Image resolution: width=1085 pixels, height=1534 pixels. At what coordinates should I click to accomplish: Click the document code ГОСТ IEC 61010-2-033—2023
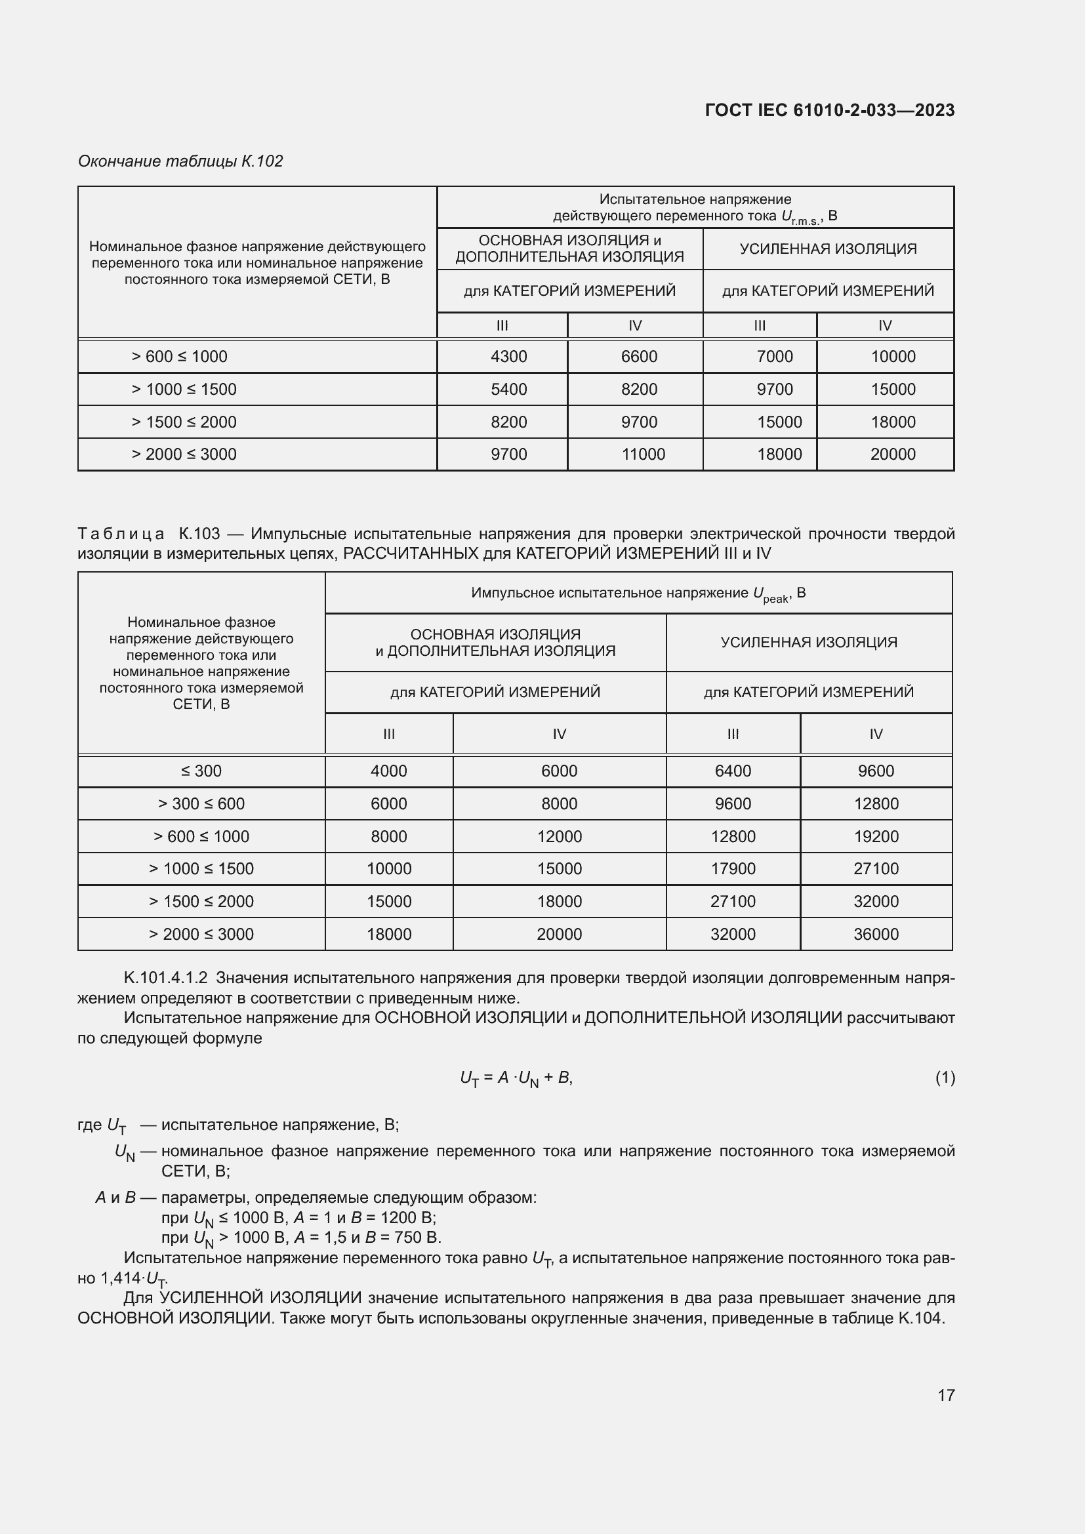[829, 110]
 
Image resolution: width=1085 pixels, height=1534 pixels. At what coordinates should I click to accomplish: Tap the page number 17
[945, 1394]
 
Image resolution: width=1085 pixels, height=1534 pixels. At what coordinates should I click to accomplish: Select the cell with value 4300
[508, 357]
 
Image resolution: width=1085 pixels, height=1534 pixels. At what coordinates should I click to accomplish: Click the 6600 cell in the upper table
[639, 357]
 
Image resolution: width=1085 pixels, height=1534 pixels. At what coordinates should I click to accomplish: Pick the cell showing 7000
[774, 357]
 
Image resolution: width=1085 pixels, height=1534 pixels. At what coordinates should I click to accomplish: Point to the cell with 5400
[508, 390]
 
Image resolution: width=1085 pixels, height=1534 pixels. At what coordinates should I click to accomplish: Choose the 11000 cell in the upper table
[643, 454]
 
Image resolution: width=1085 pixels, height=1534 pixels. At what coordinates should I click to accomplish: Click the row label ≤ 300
[201, 771]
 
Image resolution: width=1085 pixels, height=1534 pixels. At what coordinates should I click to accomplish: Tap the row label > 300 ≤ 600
[201, 804]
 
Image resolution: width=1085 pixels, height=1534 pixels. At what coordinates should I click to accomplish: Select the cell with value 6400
[733, 771]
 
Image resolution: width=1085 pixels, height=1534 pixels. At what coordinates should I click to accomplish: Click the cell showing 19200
[876, 836]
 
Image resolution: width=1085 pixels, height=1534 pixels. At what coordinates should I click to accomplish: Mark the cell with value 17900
[733, 868]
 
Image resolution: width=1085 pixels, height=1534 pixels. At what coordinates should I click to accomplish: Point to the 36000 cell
[876, 934]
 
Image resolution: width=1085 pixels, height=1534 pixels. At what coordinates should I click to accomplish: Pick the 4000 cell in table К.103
[389, 771]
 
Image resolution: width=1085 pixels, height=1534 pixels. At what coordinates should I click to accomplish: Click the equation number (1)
[945, 1077]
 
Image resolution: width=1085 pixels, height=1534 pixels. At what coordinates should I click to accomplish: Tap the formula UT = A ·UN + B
[516, 1078]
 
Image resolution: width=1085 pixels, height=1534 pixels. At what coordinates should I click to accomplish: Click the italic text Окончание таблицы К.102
[180, 161]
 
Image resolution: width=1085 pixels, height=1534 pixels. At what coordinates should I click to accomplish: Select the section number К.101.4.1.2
[165, 978]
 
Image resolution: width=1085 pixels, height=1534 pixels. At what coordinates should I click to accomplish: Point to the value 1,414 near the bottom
[120, 1278]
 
